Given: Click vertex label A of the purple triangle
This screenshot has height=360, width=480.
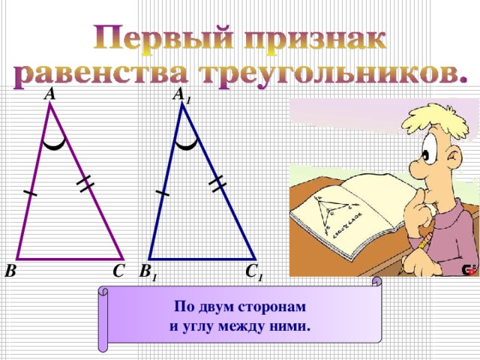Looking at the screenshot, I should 49,94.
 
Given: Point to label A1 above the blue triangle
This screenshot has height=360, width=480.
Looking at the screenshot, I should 181,95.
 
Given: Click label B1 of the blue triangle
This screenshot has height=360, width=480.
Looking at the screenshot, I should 148,272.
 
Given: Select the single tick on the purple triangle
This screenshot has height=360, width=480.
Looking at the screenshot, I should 30,193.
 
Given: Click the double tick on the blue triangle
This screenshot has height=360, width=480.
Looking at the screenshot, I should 217,182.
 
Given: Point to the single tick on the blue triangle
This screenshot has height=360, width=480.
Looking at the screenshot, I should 163,193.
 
